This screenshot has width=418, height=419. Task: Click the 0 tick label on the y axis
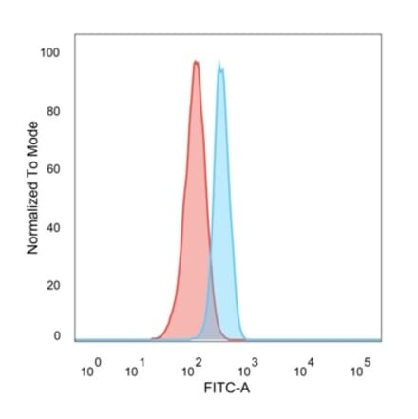click(x=56, y=335)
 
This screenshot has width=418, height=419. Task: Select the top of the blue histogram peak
click(x=220, y=65)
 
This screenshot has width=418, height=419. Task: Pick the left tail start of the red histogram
click(x=152, y=337)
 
